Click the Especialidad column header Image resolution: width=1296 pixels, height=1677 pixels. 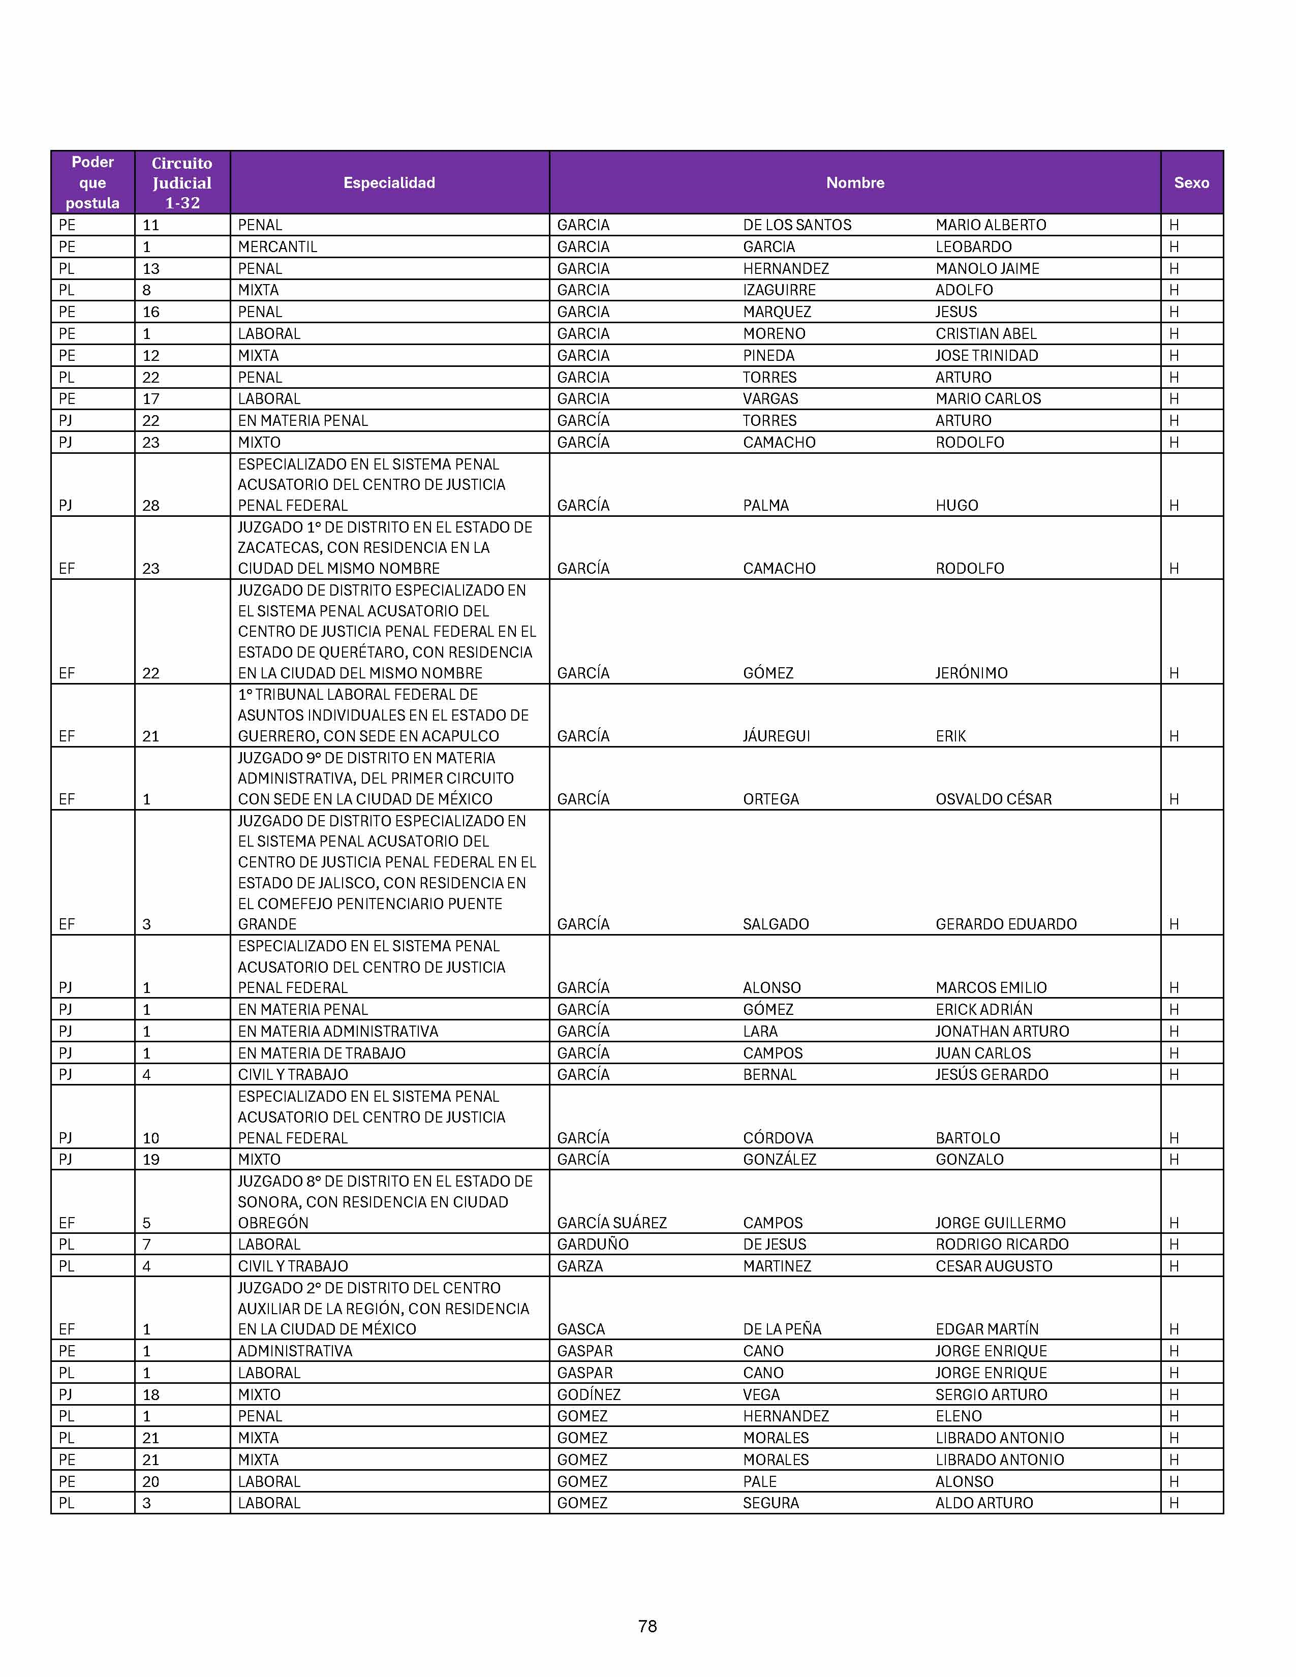(389, 183)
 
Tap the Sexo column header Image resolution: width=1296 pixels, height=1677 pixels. (1191, 183)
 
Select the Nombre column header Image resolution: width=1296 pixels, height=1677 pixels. (854, 183)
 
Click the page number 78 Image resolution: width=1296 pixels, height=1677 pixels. (647, 1626)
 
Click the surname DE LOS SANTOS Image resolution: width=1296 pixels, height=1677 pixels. (797, 225)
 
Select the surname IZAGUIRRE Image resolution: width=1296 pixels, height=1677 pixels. (779, 290)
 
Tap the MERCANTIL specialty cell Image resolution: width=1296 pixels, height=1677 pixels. (277, 246)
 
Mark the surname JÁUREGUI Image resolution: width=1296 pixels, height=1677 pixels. (776, 736)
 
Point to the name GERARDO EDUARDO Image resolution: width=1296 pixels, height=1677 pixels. (1006, 924)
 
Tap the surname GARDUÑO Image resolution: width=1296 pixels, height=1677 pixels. (592, 1245)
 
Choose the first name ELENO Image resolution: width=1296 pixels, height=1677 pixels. (958, 1416)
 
